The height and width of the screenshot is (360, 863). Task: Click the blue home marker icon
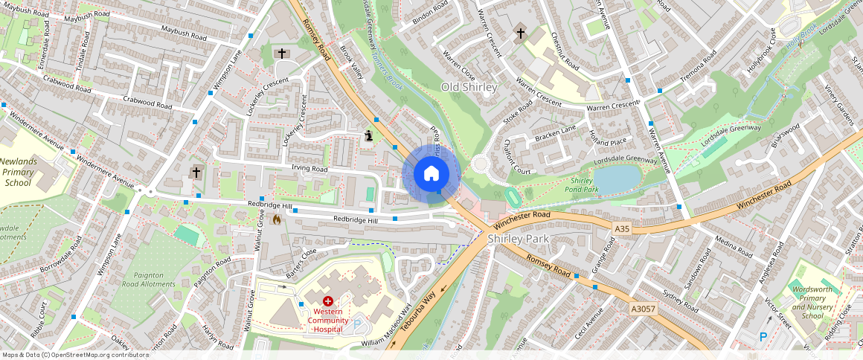[x=431, y=174]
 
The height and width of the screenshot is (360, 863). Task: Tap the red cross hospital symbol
[x=327, y=301]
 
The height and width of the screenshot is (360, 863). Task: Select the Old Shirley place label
[x=469, y=87]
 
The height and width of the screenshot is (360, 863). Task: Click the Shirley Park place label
[x=518, y=239]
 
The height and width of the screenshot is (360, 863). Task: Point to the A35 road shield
[x=623, y=229]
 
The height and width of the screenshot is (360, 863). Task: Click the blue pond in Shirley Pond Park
[x=617, y=179]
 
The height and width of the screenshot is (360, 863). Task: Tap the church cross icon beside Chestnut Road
[x=520, y=33]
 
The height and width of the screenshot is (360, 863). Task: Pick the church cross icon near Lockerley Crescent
[x=281, y=53]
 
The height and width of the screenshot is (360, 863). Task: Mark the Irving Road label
[x=309, y=169]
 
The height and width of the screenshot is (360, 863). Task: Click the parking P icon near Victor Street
[x=763, y=337]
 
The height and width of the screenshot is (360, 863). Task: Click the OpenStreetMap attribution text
[x=75, y=355]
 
